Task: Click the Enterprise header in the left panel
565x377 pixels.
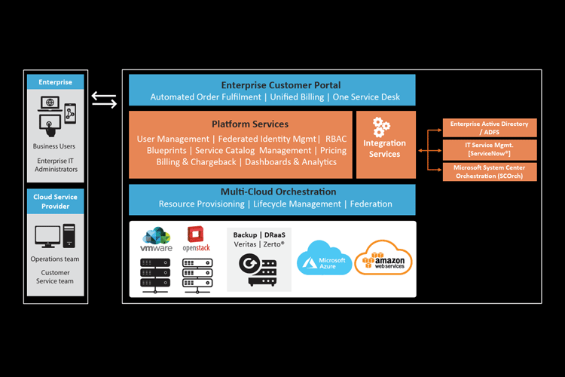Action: coord(56,82)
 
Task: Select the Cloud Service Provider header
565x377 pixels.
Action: coord(56,201)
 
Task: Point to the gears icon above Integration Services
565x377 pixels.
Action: coord(381,127)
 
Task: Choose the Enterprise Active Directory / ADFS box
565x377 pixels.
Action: coord(489,127)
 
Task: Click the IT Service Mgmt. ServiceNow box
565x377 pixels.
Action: coord(489,149)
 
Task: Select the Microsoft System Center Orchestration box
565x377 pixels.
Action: coord(489,171)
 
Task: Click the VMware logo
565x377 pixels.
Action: coord(157,241)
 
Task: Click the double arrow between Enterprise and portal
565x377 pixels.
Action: coord(104,99)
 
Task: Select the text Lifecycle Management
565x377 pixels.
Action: coord(296,204)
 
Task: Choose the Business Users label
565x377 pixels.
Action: coord(55,146)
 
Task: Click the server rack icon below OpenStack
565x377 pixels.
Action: coord(197,275)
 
